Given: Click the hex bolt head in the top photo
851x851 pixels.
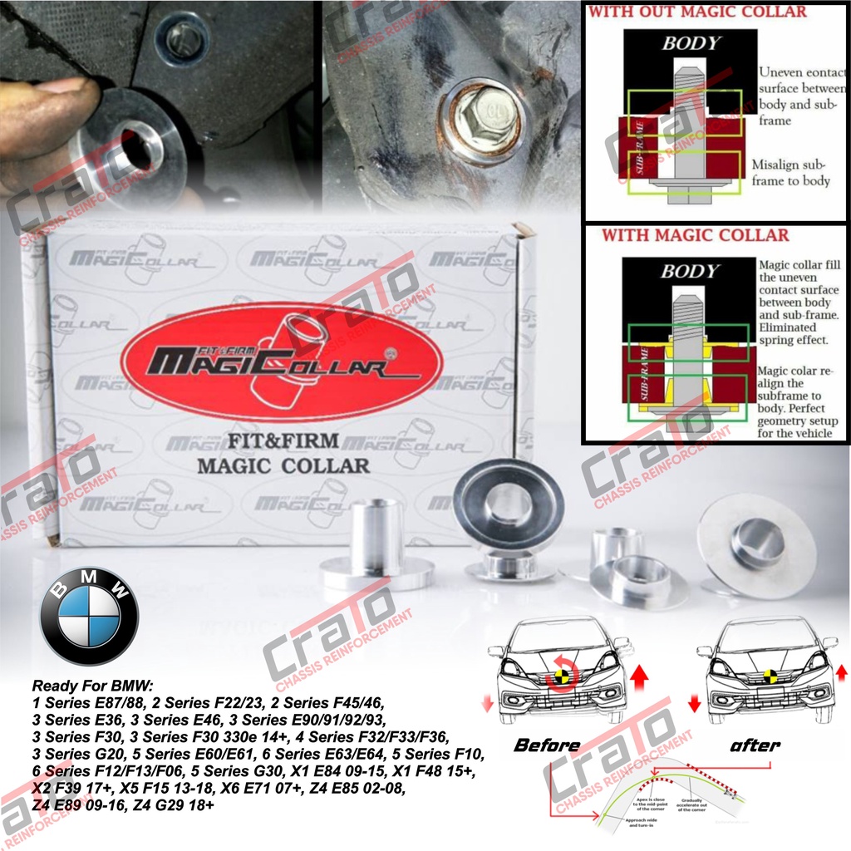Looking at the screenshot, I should [x=479, y=122].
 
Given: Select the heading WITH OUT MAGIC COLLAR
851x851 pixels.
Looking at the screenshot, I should [x=697, y=12].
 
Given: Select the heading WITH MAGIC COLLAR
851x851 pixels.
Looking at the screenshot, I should [x=695, y=235].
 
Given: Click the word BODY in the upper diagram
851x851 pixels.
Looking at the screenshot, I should [x=690, y=43].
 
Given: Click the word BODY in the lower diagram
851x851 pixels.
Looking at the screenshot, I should [x=689, y=271].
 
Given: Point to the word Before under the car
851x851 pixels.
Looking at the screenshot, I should [x=547, y=745].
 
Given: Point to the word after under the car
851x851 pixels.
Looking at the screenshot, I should [x=755, y=745].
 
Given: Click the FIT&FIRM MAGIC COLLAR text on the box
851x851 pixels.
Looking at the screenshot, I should [x=283, y=454].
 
